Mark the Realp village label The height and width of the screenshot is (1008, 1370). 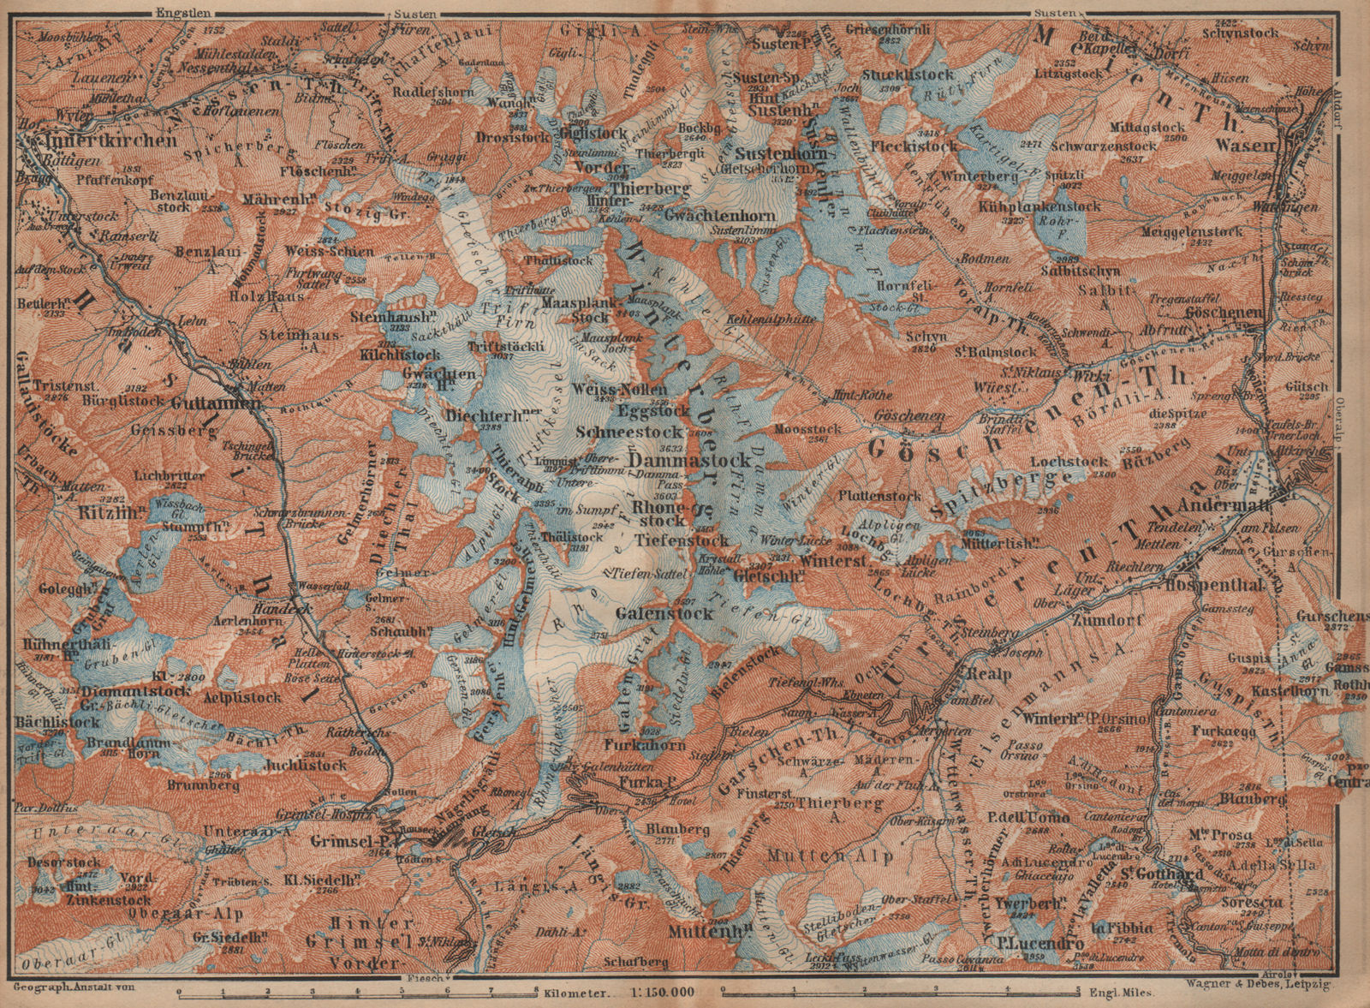[x=991, y=674]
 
